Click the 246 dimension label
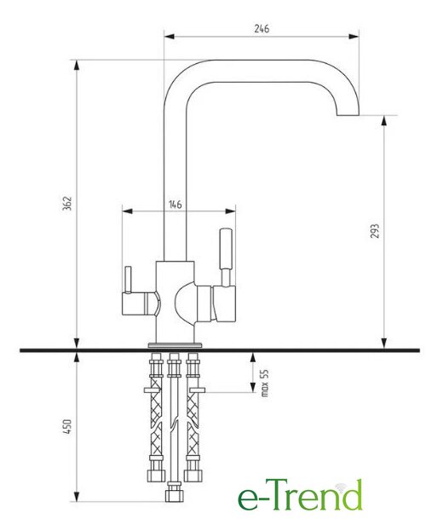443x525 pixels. pos(262,29)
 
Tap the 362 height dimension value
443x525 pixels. pos(67,204)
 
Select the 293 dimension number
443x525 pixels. pos(375,231)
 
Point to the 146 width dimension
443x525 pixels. pos(175,205)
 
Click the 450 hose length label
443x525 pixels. pos(67,427)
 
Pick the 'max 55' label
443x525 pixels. pos(264,383)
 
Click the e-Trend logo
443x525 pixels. pos(300,494)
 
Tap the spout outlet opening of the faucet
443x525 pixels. pos(348,115)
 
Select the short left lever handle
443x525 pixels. pos(128,280)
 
